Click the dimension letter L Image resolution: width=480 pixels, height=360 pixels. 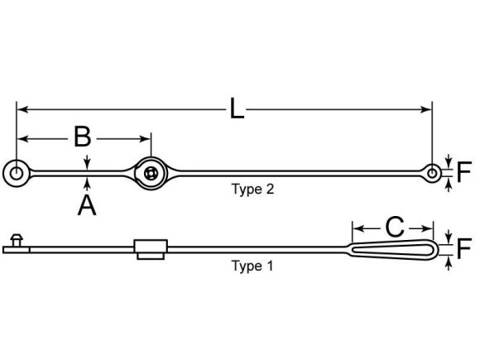[237, 109]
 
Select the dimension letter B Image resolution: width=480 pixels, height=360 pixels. [82, 137]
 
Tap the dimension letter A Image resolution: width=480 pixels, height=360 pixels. [87, 204]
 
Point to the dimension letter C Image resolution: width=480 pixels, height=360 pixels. [395, 226]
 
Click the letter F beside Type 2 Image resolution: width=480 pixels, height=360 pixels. [464, 172]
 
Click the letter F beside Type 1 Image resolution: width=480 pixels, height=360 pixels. [464, 249]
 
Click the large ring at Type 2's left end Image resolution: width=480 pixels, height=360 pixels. [16, 172]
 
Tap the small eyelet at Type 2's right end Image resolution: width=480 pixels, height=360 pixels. [433, 172]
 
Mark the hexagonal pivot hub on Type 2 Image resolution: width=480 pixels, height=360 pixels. [150, 172]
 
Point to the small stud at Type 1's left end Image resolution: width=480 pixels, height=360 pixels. [15, 241]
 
